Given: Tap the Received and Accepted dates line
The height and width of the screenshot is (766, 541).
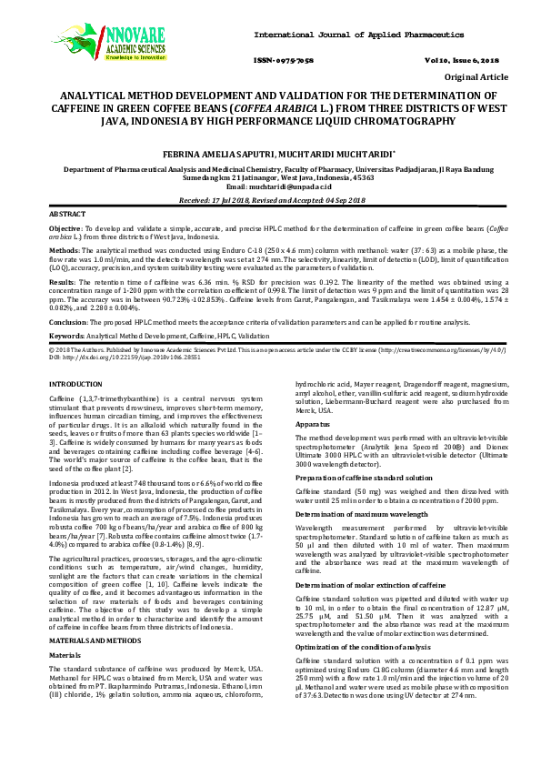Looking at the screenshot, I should click(x=270, y=198).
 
